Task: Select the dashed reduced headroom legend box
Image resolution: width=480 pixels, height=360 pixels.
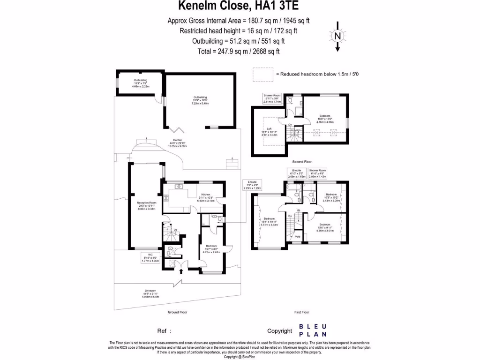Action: (x=263, y=74)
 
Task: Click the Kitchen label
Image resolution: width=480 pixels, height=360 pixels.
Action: (x=206, y=197)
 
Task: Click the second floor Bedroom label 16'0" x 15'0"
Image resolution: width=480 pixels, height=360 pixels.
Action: (x=325, y=118)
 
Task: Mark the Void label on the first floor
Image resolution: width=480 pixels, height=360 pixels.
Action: (x=297, y=237)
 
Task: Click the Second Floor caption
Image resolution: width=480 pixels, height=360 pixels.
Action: (x=302, y=162)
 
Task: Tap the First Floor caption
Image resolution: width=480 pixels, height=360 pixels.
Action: (x=302, y=312)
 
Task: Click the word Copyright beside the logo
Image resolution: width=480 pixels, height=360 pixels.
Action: (x=279, y=331)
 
